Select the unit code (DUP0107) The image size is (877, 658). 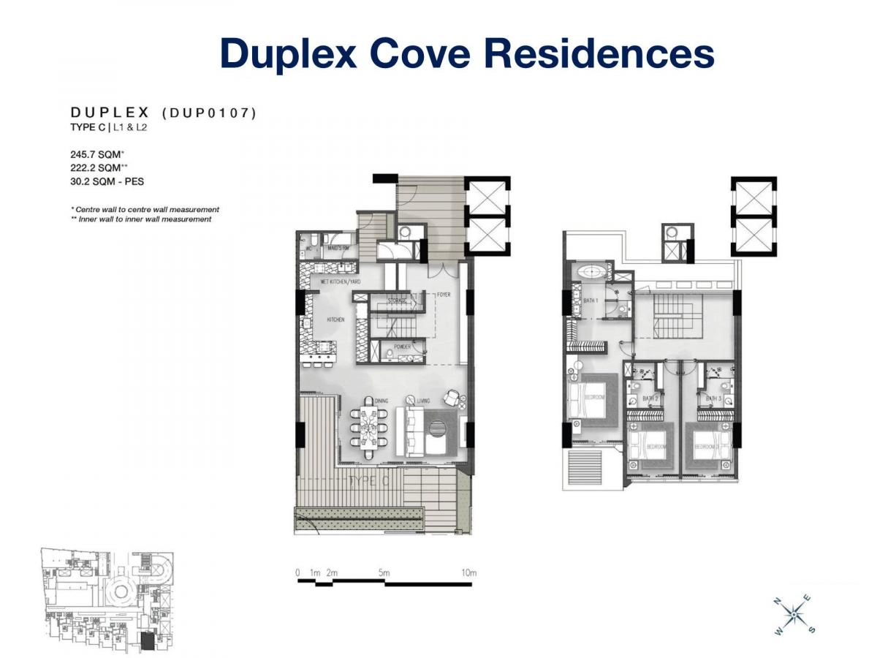pos(209,113)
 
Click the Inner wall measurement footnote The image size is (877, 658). pos(141,219)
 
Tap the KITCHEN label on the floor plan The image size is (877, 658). pos(316,319)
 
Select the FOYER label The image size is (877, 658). pos(444,295)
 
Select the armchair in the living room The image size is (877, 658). pos(454,398)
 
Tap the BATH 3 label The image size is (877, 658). pos(713,399)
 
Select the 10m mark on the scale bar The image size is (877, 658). pos(468,572)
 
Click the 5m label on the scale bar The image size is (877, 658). pos(384,572)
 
